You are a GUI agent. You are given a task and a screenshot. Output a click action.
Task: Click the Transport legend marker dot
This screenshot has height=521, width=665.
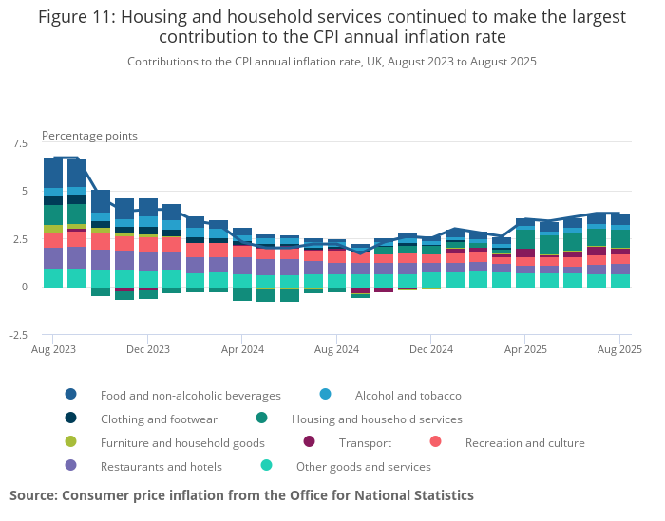pyautogui.click(x=309, y=442)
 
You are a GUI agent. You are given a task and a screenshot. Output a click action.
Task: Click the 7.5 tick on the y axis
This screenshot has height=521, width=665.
pyautogui.click(x=20, y=143)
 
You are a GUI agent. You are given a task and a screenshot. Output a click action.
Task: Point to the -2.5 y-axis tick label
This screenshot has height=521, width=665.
pyautogui.click(x=18, y=335)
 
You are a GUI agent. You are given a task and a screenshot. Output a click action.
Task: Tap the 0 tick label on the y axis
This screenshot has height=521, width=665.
pyautogui.click(x=25, y=287)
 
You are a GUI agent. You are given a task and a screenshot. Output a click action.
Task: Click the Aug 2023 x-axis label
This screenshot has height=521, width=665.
pyautogui.click(x=53, y=349)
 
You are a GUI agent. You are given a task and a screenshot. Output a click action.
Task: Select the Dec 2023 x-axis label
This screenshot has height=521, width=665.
pyautogui.click(x=147, y=349)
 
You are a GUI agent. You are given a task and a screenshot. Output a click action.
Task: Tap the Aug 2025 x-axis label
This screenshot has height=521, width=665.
pyautogui.click(x=619, y=349)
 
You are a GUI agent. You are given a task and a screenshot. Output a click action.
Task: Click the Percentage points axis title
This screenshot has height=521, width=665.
pyautogui.click(x=89, y=136)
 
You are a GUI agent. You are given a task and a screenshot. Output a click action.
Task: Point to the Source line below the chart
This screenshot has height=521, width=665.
pyautogui.click(x=241, y=495)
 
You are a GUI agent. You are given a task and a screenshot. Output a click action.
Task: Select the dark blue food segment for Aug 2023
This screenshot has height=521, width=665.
pyautogui.click(x=53, y=173)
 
